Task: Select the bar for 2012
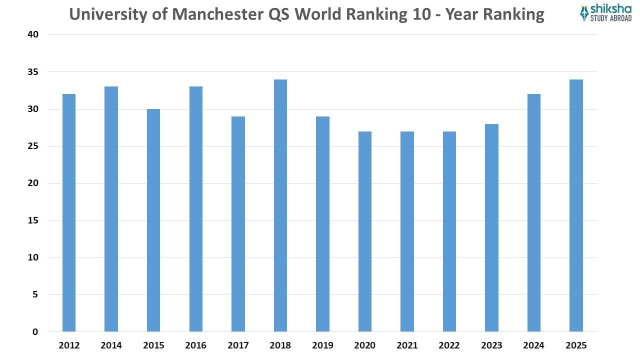pyautogui.click(x=69, y=212)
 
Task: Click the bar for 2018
pyautogui.click(x=280, y=205)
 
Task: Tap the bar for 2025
pyautogui.click(x=576, y=205)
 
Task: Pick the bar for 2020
pyautogui.click(x=365, y=231)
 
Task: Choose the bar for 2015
pyautogui.click(x=153, y=220)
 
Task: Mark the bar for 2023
pyautogui.click(x=491, y=227)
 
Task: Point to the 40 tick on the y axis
pyautogui.click(x=32, y=35)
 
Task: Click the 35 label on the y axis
pyautogui.click(x=32, y=72)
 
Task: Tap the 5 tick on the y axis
pyautogui.click(x=35, y=294)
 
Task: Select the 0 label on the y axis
pyautogui.click(x=35, y=331)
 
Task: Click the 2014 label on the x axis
pyautogui.click(x=111, y=345)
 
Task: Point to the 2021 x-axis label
pyautogui.click(x=407, y=345)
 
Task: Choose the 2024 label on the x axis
pyautogui.click(x=534, y=345)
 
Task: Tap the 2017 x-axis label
pyautogui.click(x=238, y=345)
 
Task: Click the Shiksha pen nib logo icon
pyautogui.click(x=584, y=13)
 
